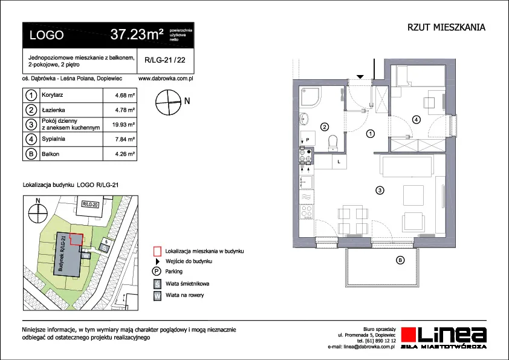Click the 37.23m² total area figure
137,34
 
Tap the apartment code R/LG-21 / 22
165,60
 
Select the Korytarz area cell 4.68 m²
125,96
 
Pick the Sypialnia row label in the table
54,139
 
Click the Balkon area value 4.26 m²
125,154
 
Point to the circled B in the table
31,154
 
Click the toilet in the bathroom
333,143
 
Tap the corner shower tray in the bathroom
310,97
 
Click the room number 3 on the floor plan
380,190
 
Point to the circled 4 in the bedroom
416,120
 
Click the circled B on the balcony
400,260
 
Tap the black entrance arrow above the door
360,77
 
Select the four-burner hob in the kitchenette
306,211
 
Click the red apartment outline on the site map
77,240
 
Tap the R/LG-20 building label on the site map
90,205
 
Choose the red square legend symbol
157,251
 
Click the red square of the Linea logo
409,335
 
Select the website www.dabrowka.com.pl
166,79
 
